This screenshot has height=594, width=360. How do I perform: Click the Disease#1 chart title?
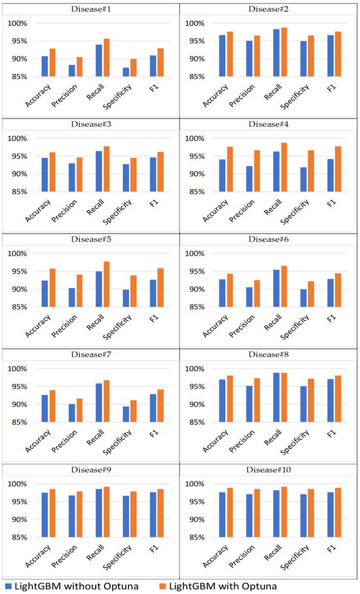pyautogui.click(x=90, y=9)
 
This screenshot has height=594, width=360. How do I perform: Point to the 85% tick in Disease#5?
pyautogui.click(x=17, y=307)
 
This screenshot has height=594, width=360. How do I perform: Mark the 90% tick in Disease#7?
pyautogui.click(x=17, y=404)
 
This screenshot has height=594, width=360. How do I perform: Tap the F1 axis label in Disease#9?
pyautogui.click(x=161, y=551)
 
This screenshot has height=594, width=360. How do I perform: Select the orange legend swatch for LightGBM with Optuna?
pyautogui.click(x=186, y=585)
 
